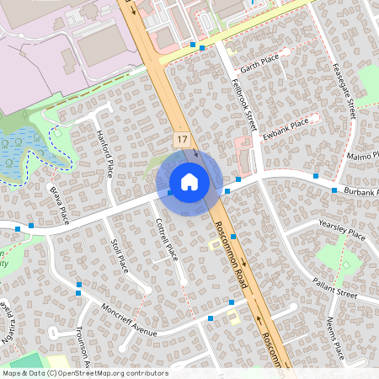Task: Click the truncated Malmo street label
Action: [x=364, y=156]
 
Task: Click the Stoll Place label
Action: [x=119, y=255]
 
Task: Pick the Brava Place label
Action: [x=58, y=205]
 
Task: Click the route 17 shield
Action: [x=182, y=136]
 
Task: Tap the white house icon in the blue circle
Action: [x=189, y=181]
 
